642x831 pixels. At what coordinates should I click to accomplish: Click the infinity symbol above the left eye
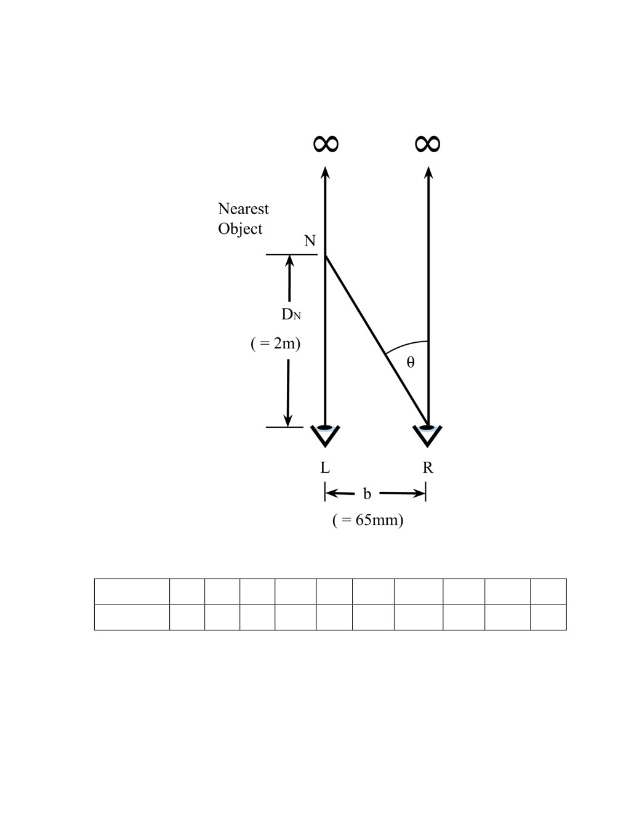point(326,143)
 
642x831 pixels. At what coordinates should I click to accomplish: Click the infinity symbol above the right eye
point(428,143)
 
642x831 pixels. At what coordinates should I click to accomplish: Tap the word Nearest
point(243,209)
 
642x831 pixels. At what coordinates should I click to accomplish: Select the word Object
point(240,229)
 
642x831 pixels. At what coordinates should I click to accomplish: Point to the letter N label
point(310,241)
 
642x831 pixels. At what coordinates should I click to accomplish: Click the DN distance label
point(291,315)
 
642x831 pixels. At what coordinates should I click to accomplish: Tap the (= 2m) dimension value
point(275,343)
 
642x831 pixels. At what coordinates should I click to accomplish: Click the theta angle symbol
point(411,362)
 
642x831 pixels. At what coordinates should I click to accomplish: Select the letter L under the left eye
point(325,467)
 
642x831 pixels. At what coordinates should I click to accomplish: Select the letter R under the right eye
point(428,467)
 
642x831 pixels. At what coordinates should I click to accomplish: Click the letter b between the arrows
point(367,494)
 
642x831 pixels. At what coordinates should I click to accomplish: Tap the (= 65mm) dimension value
point(368,520)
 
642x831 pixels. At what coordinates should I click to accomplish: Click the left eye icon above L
point(325,435)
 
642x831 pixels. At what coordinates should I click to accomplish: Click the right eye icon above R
point(428,435)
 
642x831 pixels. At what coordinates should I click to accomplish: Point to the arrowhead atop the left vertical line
point(325,172)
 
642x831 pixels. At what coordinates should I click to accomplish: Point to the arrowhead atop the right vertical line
point(428,172)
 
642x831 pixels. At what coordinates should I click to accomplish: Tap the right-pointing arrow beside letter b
point(402,493)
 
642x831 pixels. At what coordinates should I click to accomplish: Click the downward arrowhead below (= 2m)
point(287,420)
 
